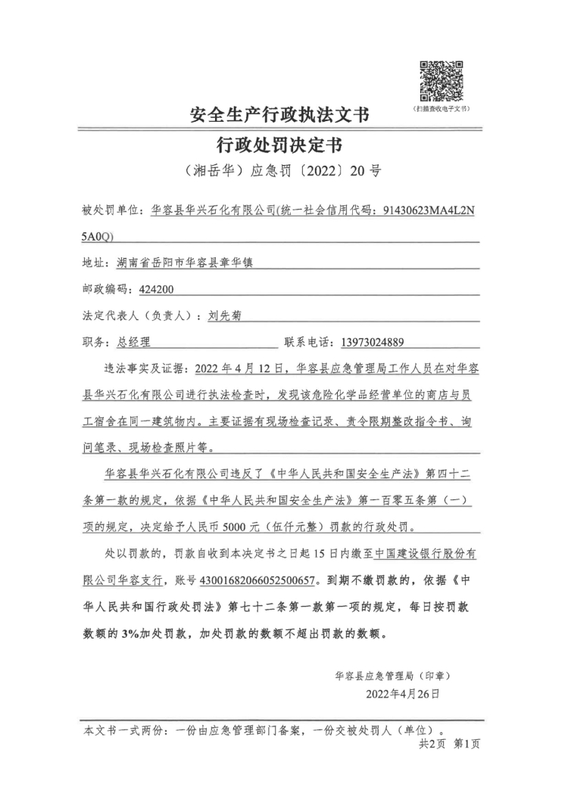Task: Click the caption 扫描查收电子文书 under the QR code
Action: click(x=441, y=109)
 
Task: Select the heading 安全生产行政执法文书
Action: click(x=279, y=116)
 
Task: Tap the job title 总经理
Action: click(x=134, y=342)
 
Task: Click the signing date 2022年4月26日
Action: click(x=402, y=692)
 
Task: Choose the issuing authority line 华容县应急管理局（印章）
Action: click(x=397, y=674)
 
